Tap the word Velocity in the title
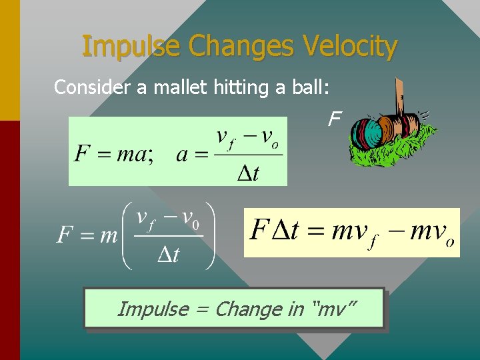point(350,47)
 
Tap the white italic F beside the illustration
point(334,120)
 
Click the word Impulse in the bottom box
point(153,309)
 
